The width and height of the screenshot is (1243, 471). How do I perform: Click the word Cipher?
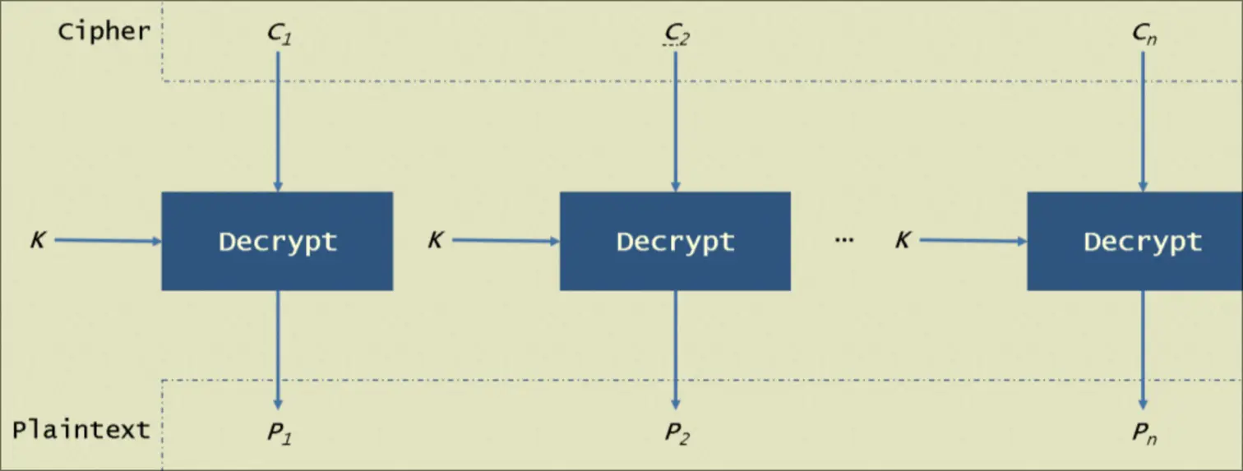(x=104, y=31)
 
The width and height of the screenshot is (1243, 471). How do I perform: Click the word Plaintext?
(x=81, y=429)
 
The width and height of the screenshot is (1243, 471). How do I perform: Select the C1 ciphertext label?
(x=279, y=35)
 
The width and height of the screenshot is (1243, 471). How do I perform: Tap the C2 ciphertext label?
(x=676, y=35)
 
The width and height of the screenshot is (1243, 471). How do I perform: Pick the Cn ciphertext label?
(x=1144, y=35)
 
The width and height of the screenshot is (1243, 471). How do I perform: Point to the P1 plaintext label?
(x=279, y=433)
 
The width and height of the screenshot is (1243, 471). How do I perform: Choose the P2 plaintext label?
(x=676, y=433)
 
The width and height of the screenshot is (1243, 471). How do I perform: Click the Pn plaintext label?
(x=1144, y=433)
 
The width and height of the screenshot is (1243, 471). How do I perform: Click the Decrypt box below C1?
(x=277, y=241)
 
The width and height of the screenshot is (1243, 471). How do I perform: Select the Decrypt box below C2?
(x=675, y=241)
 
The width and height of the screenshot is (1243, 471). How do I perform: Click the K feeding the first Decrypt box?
(x=38, y=241)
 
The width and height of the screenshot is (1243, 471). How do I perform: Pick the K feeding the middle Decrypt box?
(x=436, y=241)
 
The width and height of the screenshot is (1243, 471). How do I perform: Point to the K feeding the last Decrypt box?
(x=903, y=241)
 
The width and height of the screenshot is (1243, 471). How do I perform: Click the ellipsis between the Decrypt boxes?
(x=844, y=239)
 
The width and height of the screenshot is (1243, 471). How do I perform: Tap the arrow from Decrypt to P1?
(x=278, y=349)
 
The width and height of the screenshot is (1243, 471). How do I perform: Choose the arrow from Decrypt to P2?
(x=676, y=349)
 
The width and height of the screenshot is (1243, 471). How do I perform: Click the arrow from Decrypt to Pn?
(x=1143, y=349)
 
